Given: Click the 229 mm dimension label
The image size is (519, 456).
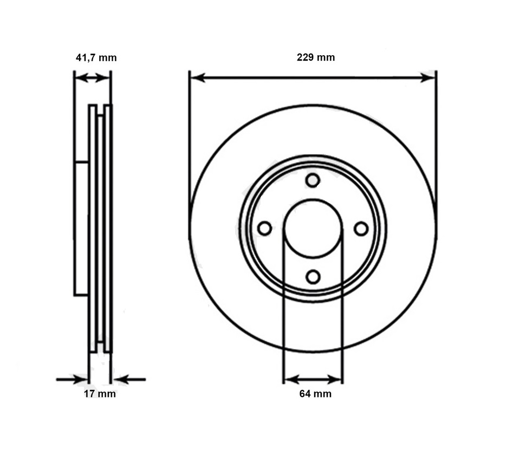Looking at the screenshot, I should point(315,57).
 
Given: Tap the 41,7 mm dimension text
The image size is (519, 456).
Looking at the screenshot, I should point(95,57).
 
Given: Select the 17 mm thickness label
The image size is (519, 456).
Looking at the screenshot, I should point(99,394).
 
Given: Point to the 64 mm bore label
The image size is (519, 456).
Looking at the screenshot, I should point(315,394).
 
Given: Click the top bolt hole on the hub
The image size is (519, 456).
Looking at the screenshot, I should point(313,180).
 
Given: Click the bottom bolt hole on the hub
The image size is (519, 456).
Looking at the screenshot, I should point(313,277).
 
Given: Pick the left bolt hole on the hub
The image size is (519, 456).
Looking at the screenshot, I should point(264,229).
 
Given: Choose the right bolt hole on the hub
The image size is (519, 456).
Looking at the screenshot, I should point(361,229).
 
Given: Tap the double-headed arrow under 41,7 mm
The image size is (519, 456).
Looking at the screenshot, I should point(92,78).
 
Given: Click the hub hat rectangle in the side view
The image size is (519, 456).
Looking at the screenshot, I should point(81,228).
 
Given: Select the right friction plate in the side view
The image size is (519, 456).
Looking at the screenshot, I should point(108,227).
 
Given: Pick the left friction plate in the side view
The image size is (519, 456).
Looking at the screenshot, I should point(93,227).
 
